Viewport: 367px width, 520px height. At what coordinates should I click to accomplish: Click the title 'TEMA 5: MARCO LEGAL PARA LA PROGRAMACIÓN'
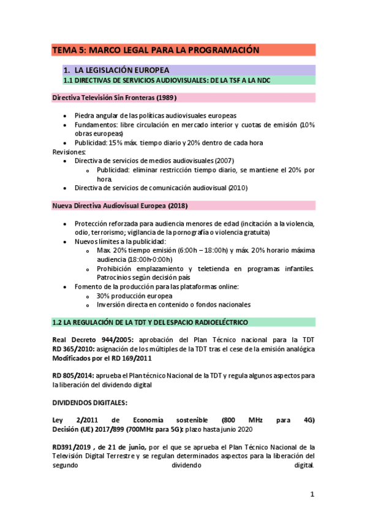click(156, 50)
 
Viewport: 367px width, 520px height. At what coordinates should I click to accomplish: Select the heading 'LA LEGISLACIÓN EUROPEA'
click(121, 70)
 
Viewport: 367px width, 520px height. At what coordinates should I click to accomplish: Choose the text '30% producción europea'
click(134, 296)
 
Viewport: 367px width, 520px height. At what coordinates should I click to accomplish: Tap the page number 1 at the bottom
click(312, 494)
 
